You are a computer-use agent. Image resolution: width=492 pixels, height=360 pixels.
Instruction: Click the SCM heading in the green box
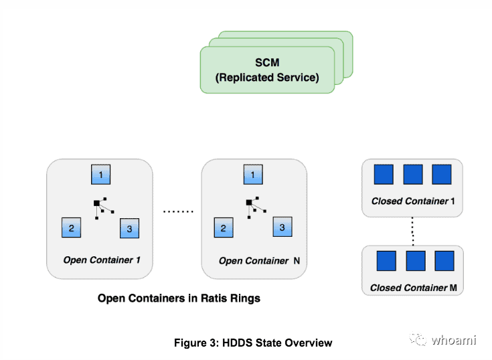tap(267, 62)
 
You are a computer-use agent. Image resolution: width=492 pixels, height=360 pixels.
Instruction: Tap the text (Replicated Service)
tap(267, 78)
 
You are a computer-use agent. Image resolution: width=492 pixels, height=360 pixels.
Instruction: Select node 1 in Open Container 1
tap(100, 175)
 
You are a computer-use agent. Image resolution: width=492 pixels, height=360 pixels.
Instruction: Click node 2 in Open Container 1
tap(71, 228)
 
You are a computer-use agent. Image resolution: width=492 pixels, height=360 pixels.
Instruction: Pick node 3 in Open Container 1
tap(129, 228)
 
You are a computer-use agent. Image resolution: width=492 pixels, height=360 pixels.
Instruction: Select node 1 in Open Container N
tap(253, 175)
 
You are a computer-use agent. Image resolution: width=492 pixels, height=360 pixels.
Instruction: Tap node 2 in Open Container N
tap(224, 228)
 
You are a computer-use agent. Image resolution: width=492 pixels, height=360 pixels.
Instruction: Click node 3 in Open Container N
tap(282, 227)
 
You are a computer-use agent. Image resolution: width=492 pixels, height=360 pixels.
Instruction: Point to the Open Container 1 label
tap(102, 260)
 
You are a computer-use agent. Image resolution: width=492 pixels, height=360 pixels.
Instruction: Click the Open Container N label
tap(259, 260)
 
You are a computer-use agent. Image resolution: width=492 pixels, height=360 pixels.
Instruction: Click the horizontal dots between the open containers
tap(178, 211)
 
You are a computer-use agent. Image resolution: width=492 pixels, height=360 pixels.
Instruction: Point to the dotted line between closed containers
tap(412, 232)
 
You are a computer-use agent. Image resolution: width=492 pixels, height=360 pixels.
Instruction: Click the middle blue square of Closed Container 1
tap(412, 175)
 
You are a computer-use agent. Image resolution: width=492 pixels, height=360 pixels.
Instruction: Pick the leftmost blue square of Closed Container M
tap(386, 260)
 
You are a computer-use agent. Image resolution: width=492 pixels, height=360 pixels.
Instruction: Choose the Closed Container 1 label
tap(413, 201)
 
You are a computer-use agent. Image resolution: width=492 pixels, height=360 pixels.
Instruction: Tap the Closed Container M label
tap(414, 288)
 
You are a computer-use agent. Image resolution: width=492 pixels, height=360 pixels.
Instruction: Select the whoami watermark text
tap(454, 340)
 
